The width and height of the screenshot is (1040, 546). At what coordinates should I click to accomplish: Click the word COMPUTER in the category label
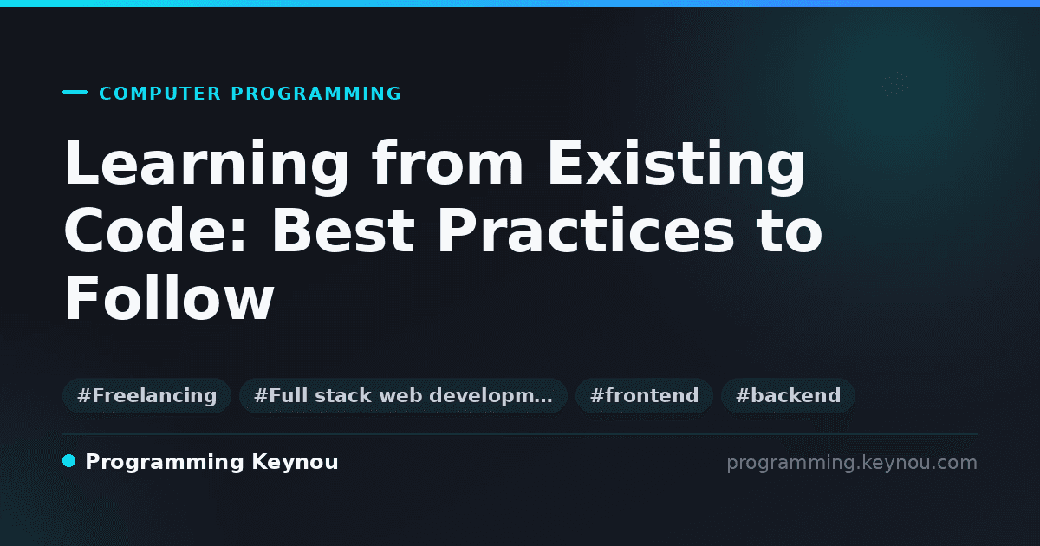point(159,94)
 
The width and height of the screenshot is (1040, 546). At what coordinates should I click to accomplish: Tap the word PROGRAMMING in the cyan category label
point(315,94)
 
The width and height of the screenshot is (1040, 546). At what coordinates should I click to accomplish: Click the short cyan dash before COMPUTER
point(75,92)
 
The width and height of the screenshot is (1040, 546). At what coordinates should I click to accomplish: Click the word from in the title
point(448,163)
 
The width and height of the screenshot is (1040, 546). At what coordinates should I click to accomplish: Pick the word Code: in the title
point(155,231)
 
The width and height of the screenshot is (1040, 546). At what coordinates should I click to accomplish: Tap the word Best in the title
point(343,231)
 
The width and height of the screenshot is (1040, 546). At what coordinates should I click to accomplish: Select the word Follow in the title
point(169,297)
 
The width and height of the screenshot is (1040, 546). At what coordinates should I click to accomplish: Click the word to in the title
point(790,231)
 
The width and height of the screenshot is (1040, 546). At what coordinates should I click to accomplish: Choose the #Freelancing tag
point(147,396)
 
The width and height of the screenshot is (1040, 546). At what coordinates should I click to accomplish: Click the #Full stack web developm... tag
point(403,396)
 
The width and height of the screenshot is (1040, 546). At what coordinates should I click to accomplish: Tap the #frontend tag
point(644,396)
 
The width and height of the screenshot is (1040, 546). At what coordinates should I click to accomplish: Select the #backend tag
point(788,396)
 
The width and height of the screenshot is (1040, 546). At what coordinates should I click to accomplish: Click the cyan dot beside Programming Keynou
point(68,461)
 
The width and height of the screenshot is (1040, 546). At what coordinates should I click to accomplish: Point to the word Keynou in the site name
point(295,463)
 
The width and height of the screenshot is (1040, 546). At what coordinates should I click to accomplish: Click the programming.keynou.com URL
point(852,463)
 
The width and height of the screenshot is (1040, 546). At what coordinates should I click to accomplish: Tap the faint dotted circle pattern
point(894,86)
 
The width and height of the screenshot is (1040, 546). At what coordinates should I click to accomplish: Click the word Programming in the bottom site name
point(165,463)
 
